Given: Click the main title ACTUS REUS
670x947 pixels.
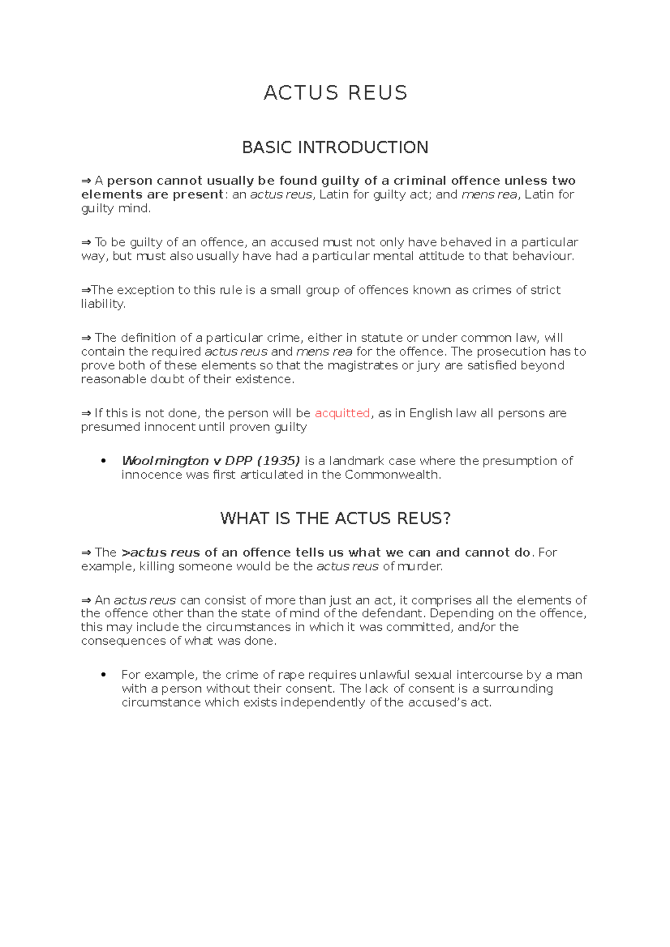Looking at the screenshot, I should pos(335,93).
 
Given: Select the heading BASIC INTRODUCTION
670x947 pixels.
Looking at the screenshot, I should pos(335,147).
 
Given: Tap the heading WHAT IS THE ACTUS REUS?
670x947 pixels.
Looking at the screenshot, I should pos(335,518).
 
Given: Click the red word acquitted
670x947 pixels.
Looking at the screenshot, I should pos(342,413).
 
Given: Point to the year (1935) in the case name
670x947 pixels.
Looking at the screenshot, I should pos(278,461).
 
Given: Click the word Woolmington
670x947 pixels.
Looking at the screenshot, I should pos(165,461).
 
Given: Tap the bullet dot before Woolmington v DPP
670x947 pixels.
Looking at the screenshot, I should pos(103,461).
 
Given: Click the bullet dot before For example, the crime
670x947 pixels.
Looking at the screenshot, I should pos(103,675).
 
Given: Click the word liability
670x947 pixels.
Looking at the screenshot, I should pos(103,304).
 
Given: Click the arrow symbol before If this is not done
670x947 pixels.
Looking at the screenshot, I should pos(86,413).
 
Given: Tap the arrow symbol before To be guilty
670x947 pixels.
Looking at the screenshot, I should pos(86,243).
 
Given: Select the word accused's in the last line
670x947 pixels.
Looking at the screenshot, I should pos(437,703).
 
